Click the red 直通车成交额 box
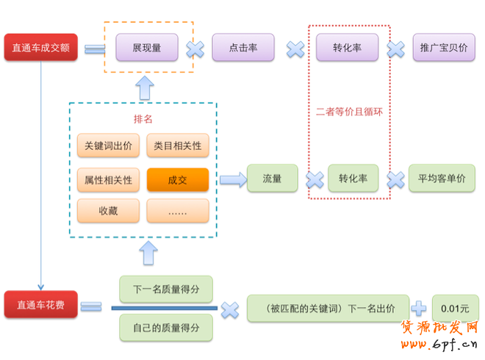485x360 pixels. tap(40, 48)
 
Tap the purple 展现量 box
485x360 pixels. tap(147, 48)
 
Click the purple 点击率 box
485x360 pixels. tap(243, 48)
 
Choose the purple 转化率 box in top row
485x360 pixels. tap(348, 48)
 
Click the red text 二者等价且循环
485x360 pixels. tap(348, 112)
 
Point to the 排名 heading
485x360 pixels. tap(143, 119)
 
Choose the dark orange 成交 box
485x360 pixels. tap(178, 179)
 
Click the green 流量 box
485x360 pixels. tap(272, 179)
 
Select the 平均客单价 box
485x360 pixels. tap(442, 179)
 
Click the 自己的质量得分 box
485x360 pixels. tap(166, 325)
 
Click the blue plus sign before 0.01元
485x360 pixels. tap(419, 308)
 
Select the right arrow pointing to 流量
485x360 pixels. tap(233, 179)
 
